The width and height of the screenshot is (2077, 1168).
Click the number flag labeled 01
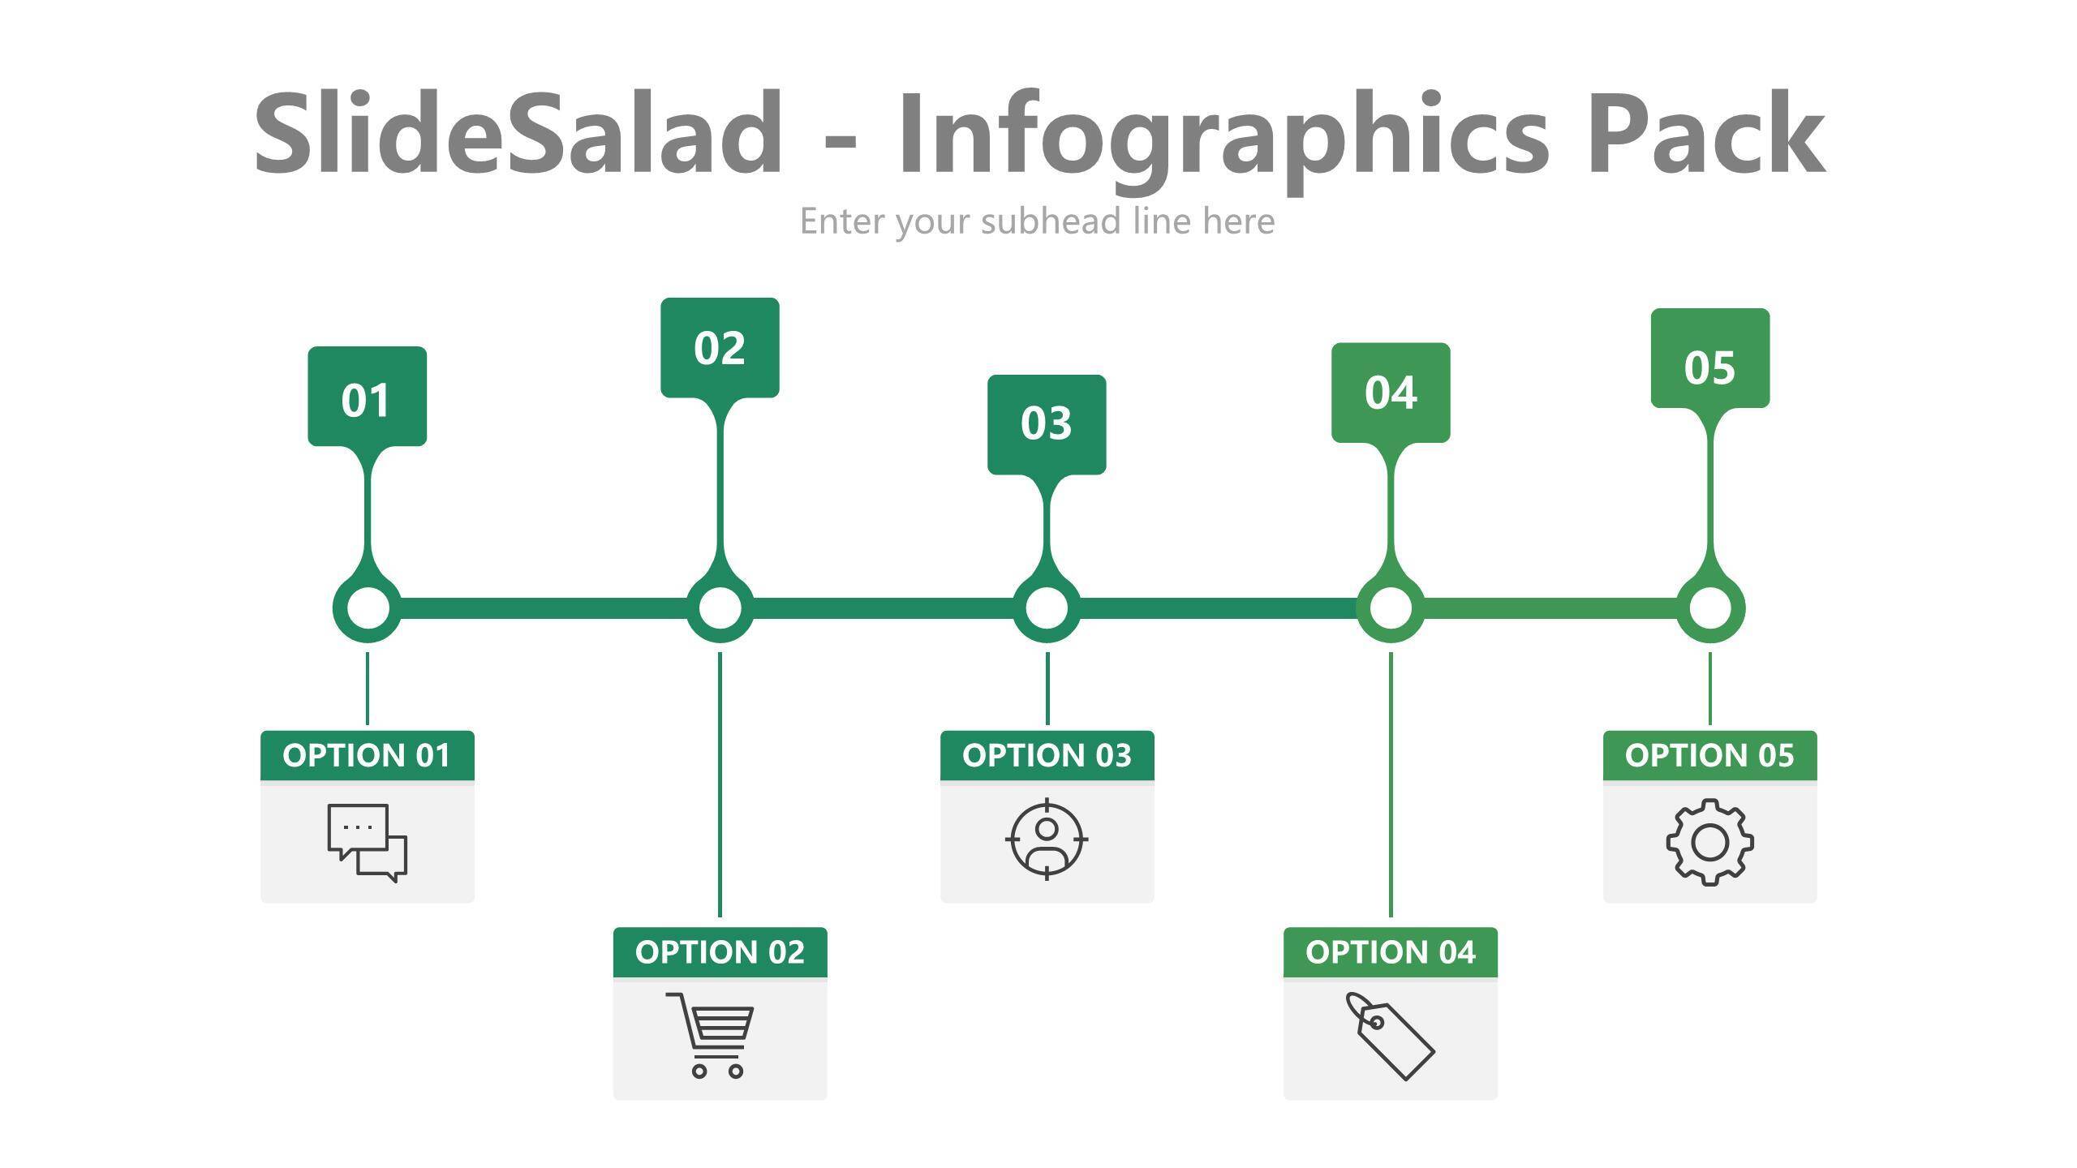367,397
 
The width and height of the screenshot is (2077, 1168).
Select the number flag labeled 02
720,348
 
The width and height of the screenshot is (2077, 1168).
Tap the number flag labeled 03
1047,424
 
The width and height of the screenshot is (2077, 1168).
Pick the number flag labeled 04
1391,393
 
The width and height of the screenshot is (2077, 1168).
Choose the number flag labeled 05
1710,358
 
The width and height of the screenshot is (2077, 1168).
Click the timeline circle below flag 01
367,608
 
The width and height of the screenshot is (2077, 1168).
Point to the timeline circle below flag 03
1047,608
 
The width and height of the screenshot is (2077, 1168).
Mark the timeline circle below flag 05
1710,608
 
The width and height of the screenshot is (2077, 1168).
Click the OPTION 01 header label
367,755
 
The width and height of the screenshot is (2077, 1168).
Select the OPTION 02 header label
720,952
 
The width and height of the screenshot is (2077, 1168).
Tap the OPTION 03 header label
1047,755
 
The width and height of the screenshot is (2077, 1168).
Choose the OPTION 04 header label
1391,952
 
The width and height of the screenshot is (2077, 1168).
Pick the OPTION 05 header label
1710,755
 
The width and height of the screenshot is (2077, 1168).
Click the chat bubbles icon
367,843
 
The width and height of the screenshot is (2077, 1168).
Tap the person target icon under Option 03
1047,839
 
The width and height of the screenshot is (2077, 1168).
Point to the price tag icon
1390,1037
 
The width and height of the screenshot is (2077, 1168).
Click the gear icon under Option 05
1710,842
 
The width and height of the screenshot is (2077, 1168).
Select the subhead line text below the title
1038,221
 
